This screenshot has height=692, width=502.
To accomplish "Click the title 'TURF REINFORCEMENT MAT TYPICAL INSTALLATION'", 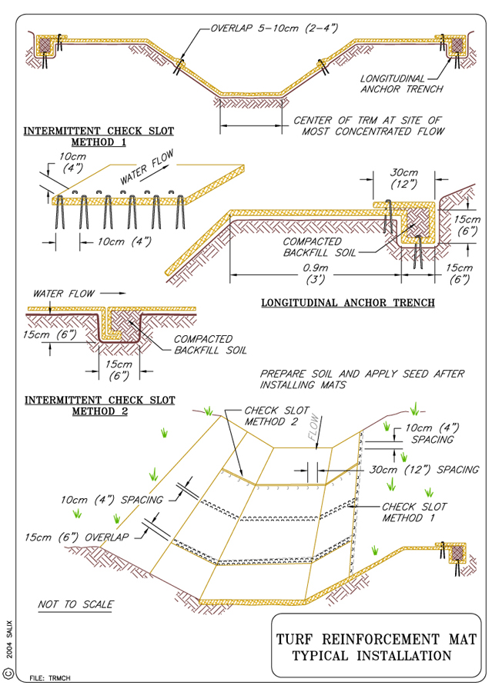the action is click(376, 647).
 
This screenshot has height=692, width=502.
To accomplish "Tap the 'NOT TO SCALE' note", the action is click(75, 604).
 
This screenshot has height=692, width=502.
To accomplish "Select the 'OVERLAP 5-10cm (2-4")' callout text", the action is click(274, 28).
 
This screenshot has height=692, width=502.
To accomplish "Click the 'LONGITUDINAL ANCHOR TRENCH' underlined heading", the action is click(348, 303).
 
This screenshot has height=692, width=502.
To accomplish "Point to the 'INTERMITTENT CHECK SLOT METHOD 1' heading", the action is click(99, 136).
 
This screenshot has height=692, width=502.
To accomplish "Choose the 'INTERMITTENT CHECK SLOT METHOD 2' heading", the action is click(100, 405).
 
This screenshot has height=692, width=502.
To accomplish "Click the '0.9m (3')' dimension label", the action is click(315, 274).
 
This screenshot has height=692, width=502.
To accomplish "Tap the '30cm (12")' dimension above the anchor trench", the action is click(404, 178).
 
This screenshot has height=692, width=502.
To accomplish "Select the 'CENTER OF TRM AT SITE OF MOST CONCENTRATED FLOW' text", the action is click(369, 126).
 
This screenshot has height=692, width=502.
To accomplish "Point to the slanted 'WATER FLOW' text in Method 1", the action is click(147, 167).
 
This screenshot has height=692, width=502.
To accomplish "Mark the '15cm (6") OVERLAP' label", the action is click(76, 537).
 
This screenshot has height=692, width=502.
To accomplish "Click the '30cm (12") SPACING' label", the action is click(424, 470).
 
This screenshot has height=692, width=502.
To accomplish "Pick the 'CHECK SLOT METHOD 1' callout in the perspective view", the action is click(414, 512).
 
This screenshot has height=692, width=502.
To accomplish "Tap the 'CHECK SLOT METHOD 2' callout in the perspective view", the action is click(276, 416).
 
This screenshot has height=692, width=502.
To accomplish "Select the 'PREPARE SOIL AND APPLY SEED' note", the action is click(362, 379).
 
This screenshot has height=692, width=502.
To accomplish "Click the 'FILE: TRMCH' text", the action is click(50, 678).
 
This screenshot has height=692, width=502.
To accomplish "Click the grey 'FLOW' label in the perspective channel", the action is click(313, 427).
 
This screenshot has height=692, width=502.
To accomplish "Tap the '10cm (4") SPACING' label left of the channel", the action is click(112, 500).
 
